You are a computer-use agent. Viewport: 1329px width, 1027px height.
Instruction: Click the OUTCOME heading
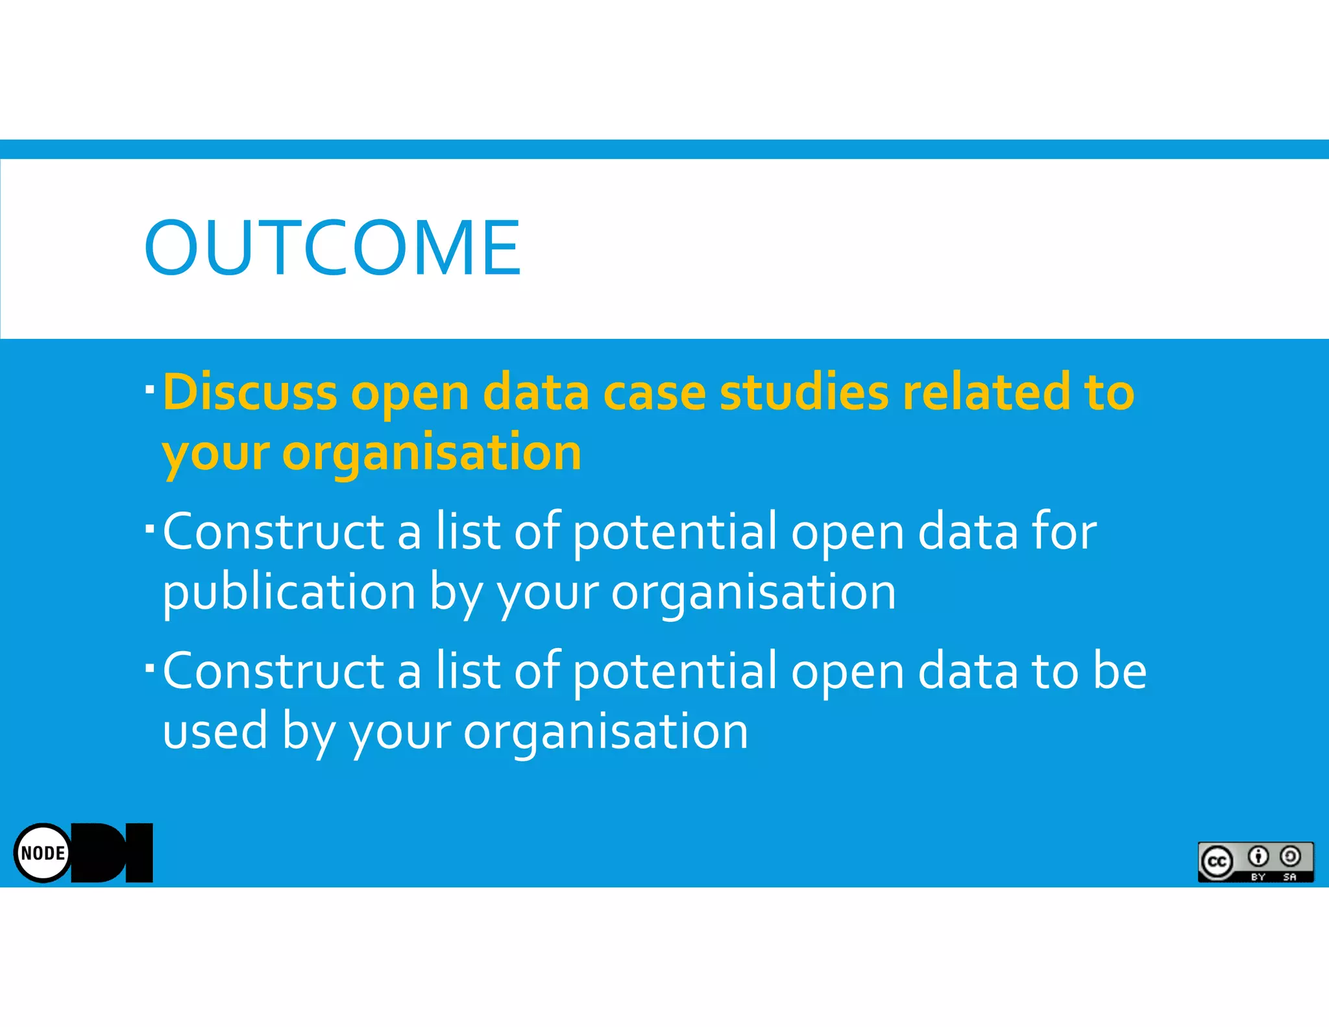point(332,248)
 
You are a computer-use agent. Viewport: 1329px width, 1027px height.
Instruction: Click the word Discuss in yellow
point(250,392)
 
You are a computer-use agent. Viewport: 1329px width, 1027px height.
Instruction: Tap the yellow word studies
point(804,392)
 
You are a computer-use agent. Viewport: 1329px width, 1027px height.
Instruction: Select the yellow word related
point(986,392)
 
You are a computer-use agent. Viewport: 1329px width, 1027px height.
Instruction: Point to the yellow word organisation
point(432,452)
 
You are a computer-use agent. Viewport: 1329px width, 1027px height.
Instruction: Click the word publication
point(289,592)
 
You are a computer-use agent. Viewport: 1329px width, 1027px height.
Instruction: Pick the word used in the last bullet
point(215,731)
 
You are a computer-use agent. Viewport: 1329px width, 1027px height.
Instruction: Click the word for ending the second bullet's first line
point(1064,531)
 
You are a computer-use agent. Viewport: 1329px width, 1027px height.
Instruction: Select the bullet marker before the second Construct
point(150,667)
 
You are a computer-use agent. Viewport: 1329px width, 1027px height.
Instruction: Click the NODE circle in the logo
point(43,852)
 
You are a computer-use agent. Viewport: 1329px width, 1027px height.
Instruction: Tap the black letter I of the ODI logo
point(140,852)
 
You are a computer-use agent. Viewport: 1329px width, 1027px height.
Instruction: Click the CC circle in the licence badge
point(1217,861)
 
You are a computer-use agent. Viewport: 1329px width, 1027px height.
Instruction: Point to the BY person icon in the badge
point(1258,857)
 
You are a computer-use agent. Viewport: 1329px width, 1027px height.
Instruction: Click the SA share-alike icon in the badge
point(1290,857)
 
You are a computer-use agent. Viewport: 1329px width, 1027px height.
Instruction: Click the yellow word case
point(654,392)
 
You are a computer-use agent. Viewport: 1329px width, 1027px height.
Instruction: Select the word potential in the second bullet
point(675,531)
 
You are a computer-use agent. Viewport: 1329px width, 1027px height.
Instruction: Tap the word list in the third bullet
point(468,671)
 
